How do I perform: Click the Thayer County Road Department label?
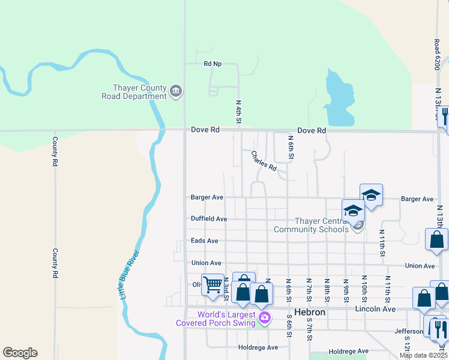tap(134, 92)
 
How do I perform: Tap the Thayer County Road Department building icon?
tap(176, 92)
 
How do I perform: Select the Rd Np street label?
tap(212, 64)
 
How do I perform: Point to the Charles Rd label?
tap(264, 160)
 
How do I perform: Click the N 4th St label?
tap(238, 112)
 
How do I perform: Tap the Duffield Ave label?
tap(208, 219)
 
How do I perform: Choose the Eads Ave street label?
tap(204, 241)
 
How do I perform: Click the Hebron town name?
tap(310, 313)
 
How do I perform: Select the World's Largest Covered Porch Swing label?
tap(216, 319)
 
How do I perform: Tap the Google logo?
tap(20, 353)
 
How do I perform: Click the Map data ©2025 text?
tap(423, 356)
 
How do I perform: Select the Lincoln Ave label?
tap(376, 309)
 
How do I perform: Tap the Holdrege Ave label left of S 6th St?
tap(258, 347)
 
